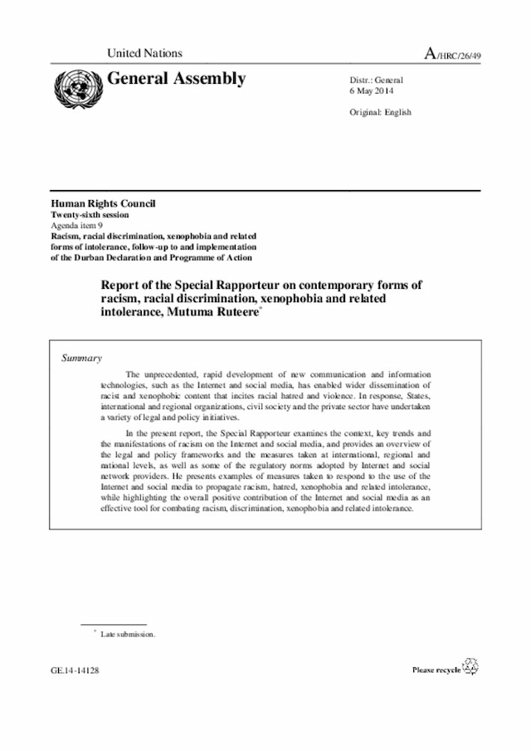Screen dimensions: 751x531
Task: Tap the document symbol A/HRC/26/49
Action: [453, 54]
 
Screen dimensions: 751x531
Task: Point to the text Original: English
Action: [382, 112]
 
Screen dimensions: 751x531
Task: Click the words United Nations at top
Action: [144, 54]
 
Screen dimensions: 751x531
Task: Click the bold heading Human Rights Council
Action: [104, 204]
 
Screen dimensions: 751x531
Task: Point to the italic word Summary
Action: [82, 358]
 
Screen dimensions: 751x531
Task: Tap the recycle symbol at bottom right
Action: [470, 666]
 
